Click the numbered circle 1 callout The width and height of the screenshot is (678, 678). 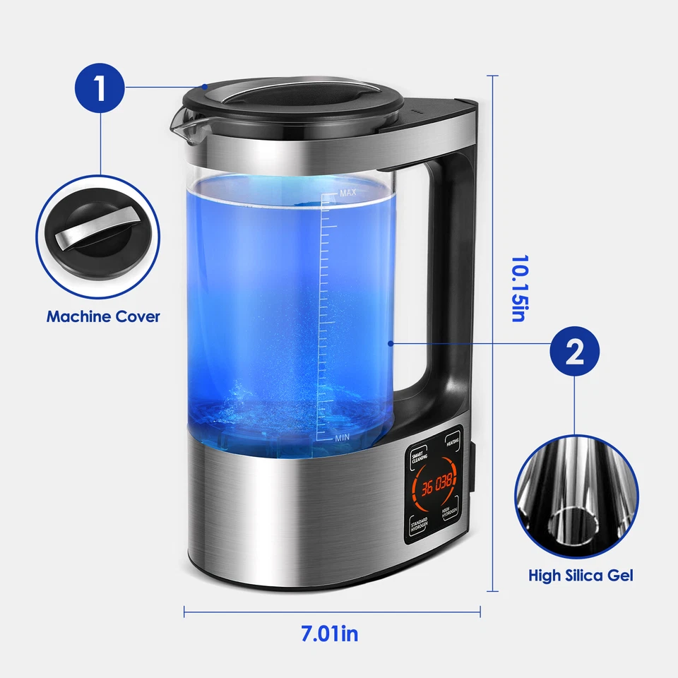(100, 90)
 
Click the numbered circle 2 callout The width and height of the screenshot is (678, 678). (575, 352)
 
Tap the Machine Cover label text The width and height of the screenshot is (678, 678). (103, 316)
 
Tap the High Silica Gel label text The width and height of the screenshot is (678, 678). (581, 576)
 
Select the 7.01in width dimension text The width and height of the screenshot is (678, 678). (330, 634)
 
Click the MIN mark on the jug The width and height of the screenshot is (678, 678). (343, 438)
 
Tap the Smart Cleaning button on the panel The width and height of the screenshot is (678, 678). (420, 456)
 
